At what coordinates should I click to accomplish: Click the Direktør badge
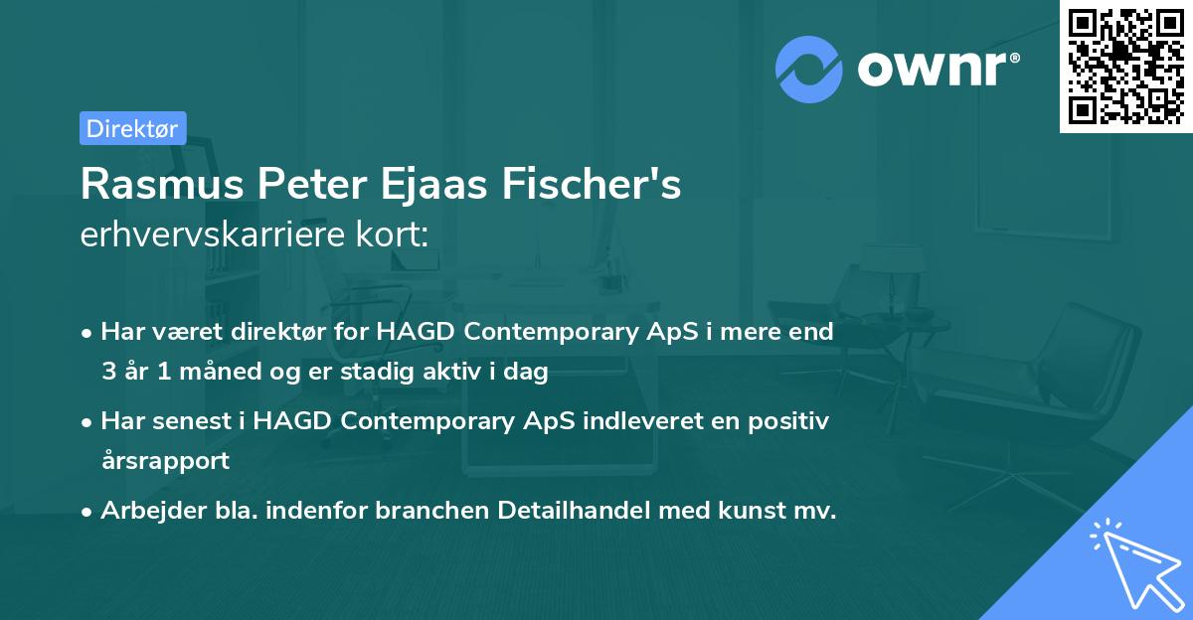(x=132, y=128)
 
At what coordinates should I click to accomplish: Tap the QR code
(x=1125, y=66)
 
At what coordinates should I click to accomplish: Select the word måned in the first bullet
(x=211, y=372)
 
